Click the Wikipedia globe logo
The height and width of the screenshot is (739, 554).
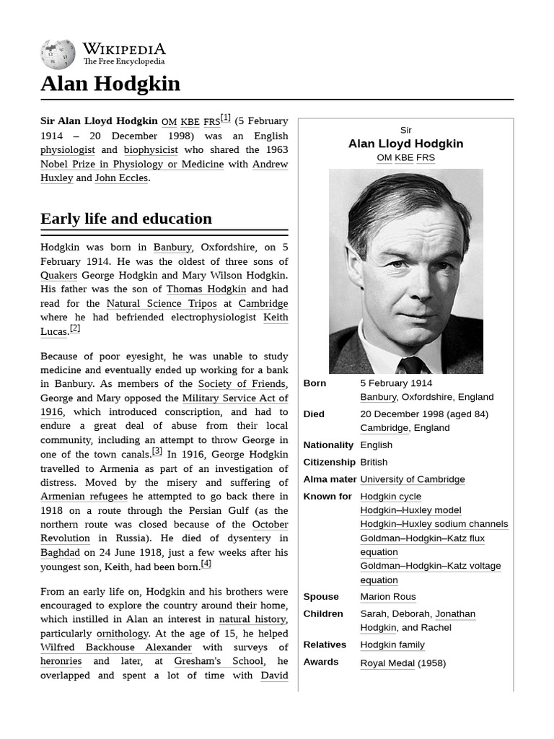point(58,54)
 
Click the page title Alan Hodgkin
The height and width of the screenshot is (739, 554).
point(110,84)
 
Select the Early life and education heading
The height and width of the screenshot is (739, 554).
point(126,219)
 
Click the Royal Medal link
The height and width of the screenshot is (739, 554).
point(387,663)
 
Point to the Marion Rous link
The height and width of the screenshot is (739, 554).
point(388,597)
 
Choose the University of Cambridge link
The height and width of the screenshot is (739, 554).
point(413,479)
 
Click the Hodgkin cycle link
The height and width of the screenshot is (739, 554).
point(391,497)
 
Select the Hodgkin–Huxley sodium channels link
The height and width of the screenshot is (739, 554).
point(434,524)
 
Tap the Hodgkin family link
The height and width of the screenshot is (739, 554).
point(392,644)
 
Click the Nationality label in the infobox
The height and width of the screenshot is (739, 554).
point(328,445)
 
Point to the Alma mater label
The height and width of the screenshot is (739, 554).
point(330,479)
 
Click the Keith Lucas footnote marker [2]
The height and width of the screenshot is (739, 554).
point(75,328)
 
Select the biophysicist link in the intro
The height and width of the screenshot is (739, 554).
point(151,150)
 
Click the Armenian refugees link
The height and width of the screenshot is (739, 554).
point(84,497)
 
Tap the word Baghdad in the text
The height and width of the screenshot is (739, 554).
point(60,553)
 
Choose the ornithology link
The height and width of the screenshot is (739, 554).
point(122,634)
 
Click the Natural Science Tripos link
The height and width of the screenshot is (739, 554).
point(162,304)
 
